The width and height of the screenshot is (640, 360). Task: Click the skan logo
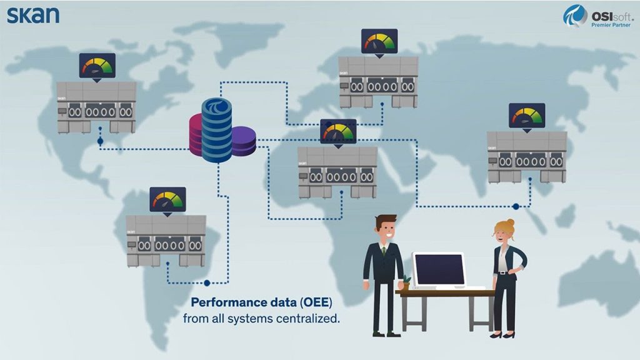tap(33, 14)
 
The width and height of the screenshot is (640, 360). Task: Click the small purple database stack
tap(243, 141)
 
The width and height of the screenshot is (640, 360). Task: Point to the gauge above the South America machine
tap(167, 199)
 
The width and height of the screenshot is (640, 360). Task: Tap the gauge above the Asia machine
tap(527, 116)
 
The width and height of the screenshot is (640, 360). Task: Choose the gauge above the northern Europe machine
tap(379, 41)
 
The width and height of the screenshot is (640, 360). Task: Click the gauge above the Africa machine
tap(338, 132)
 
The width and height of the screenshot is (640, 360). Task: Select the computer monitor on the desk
tap(439, 269)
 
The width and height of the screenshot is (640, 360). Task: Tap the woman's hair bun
tap(511, 222)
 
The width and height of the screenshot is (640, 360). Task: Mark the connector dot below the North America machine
tap(100, 141)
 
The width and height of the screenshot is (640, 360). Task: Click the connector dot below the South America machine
tap(207, 282)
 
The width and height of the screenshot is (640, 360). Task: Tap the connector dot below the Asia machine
tap(516, 206)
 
